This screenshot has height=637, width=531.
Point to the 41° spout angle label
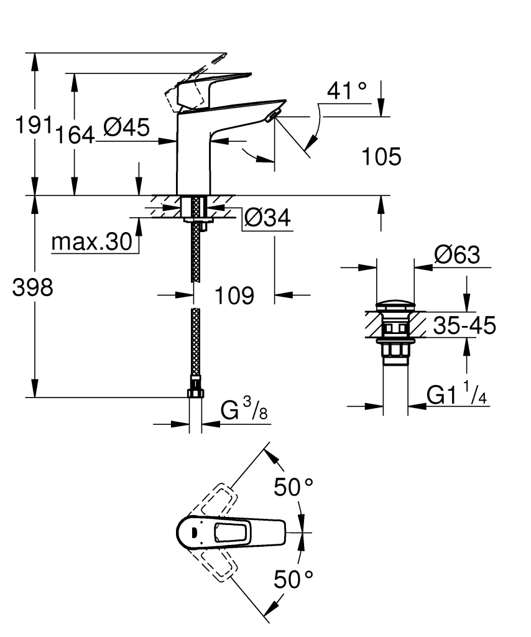347,92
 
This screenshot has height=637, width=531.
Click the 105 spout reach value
381,157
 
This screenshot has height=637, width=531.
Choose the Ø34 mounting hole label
267,218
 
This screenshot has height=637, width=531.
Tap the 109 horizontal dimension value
234,296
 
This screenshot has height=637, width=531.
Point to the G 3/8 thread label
244,411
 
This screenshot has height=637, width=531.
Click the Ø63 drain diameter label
457,255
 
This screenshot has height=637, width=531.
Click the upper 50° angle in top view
293,486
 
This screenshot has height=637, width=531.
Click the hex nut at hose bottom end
195,393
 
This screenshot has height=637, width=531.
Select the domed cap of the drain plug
395,305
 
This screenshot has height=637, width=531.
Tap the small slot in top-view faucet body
193,532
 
